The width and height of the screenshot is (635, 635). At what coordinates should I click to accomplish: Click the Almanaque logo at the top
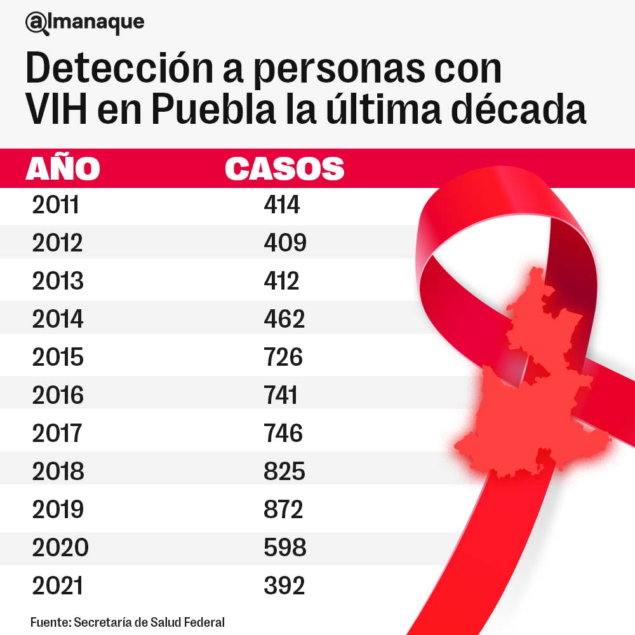tap(84, 23)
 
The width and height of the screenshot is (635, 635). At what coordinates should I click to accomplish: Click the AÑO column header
tap(62, 169)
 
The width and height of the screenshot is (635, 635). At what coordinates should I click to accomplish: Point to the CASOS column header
tap(284, 169)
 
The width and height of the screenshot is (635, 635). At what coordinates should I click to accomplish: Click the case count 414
tap(281, 205)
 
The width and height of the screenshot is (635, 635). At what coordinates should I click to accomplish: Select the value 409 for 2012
tap(285, 243)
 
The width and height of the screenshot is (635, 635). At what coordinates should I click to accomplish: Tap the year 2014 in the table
tap(58, 319)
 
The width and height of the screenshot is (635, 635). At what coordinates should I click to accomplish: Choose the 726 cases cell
tap(283, 357)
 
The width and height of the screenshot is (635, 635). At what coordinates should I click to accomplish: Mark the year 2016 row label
tap(58, 395)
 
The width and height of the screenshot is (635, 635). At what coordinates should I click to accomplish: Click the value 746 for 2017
tap(283, 433)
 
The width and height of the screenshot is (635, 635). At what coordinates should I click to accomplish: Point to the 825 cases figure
tap(284, 471)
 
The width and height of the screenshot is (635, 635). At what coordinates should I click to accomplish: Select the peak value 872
tap(283, 509)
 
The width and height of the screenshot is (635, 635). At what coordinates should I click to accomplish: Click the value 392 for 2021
tap(284, 585)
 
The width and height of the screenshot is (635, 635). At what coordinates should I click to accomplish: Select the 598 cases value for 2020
tap(285, 547)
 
